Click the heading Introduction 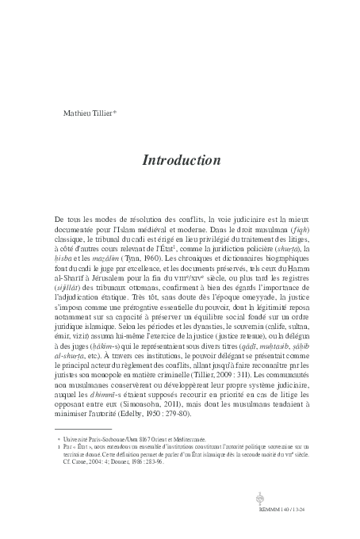(181, 160)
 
